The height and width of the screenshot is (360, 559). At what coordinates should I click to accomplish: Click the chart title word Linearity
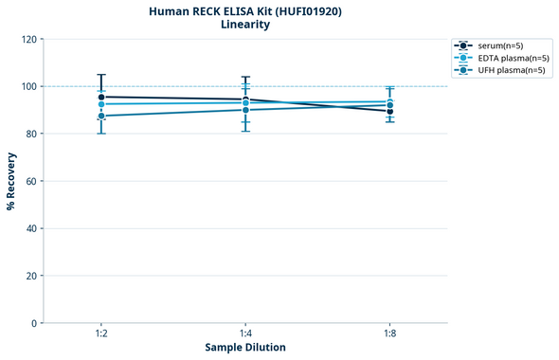click(245, 25)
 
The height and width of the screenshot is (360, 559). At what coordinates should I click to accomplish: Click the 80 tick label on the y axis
click(30, 134)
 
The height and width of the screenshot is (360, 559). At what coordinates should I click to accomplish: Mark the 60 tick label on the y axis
click(30, 181)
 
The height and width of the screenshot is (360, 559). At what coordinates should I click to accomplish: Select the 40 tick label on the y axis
click(30, 228)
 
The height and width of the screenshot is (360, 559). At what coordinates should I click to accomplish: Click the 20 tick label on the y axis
click(30, 276)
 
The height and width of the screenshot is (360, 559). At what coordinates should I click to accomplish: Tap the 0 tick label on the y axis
click(33, 323)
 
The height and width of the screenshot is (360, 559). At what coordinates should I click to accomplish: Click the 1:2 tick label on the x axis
click(101, 334)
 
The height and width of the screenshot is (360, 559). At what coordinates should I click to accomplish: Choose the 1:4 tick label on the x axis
click(245, 334)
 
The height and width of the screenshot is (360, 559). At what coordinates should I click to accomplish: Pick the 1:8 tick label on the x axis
click(389, 334)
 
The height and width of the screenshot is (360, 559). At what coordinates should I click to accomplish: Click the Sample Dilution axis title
click(245, 348)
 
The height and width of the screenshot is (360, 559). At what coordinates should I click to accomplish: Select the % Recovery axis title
click(11, 180)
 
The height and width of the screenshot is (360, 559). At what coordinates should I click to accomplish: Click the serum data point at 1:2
click(101, 97)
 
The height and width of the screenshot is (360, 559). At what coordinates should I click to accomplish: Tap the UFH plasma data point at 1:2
click(101, 116)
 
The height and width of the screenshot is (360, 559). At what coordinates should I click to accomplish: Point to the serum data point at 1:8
click(389, 111)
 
